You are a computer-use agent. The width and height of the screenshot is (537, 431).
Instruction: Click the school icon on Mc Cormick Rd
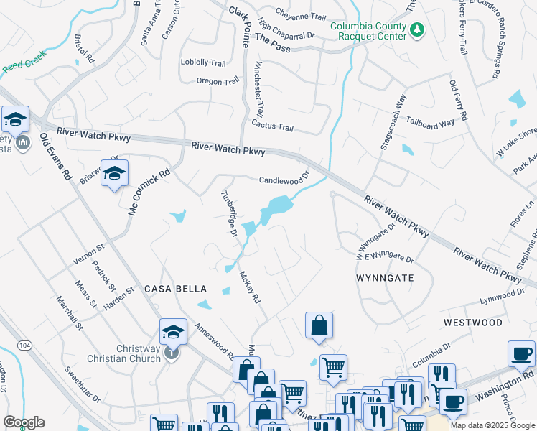[x=113, y=174]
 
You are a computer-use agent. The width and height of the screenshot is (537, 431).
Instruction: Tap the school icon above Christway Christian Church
[x=173, y=331]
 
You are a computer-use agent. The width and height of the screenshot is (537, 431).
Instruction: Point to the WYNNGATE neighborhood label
[x=384, y=277]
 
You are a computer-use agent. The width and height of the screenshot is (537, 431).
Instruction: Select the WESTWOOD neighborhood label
[x=472, y=323]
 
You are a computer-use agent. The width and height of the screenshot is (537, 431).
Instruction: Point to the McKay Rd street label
[x=249, y=287]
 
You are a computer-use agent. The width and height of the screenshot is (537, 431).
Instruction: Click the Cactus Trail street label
[x=273, y=127]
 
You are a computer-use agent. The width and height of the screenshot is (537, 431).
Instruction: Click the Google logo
[x=24, y=422]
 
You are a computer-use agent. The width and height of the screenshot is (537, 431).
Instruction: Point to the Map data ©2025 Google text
[x=492, y=425]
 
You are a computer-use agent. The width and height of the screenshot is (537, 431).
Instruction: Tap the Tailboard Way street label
[x=431, y=123]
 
